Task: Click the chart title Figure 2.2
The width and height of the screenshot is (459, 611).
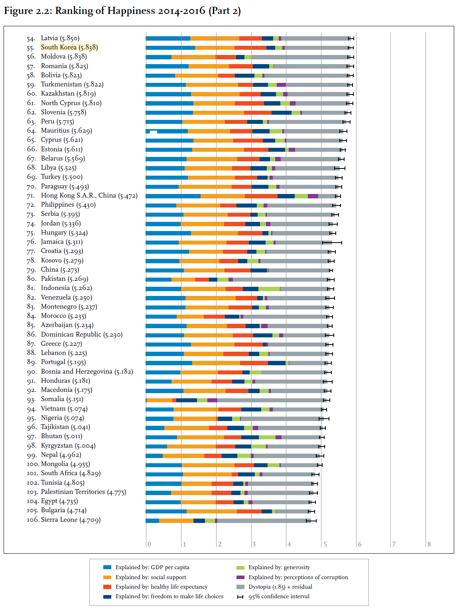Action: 122,11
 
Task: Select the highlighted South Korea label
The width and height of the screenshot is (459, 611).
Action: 69,47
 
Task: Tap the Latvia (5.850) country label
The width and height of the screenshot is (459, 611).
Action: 60,38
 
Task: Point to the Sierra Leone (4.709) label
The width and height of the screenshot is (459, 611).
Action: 71,520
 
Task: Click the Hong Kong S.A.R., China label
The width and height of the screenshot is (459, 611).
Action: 89,196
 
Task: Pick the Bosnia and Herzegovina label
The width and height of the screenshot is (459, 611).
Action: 87,372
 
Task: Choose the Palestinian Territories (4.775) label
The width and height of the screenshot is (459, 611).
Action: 83,492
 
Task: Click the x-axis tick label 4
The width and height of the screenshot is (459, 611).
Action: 289,544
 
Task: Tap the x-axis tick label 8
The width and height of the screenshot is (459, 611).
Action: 429,544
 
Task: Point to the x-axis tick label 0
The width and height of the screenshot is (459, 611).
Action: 149,544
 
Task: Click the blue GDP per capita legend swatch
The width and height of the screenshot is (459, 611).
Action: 107,567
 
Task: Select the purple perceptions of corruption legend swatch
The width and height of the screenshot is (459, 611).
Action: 240,577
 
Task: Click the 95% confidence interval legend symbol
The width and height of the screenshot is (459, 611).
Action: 240,597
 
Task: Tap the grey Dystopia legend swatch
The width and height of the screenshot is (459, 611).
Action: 240,587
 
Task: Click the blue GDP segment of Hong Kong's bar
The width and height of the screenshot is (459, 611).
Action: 173,196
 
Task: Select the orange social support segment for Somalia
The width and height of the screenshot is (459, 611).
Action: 160,400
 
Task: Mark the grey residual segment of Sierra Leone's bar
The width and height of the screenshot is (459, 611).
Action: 262,521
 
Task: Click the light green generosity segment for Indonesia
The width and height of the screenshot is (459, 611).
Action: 269,289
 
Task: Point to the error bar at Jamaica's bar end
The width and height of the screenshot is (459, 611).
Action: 332,242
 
